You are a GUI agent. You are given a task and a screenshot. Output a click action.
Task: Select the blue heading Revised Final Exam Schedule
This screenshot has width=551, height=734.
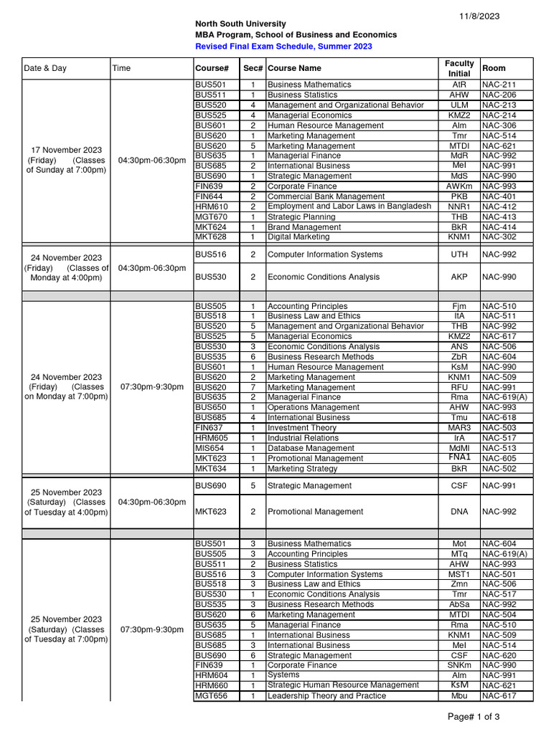point(284,47)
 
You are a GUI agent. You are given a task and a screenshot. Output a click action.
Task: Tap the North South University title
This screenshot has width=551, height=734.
point(240,24)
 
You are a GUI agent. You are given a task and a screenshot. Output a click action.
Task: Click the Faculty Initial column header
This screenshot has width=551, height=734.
point(459,68)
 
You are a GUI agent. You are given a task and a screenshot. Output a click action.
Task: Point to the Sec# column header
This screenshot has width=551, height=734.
point(253,68)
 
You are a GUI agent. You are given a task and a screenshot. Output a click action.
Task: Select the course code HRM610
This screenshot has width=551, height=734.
point(211,206)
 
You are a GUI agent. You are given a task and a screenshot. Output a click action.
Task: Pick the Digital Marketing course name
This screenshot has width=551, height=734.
point(298,237)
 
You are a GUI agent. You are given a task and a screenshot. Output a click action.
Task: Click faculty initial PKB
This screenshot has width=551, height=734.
point(459,196)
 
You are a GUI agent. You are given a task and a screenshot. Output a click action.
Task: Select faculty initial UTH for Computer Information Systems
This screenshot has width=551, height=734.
point(459,254)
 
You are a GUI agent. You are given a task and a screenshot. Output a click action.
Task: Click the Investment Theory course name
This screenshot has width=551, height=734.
point(302,428)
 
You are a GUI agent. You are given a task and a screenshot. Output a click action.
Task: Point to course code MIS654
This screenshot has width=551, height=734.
point(210,448)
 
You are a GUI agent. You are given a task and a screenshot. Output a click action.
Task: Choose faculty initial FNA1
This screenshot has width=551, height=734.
point(459,457)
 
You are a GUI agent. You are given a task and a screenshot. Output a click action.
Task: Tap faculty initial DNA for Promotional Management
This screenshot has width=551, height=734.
point(459,512)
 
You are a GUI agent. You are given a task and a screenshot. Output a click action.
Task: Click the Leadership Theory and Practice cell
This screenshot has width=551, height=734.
point(326,696)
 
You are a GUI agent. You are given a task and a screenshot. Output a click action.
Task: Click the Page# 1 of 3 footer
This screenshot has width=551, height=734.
point(474,717)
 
